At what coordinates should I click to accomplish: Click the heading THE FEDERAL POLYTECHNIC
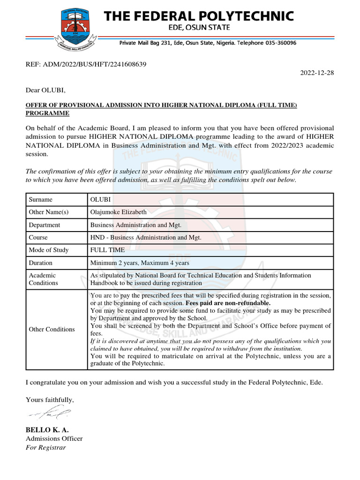pyautogui.click(x=199, y=16)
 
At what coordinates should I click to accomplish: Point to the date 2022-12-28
pyautogui.click(x=317, y=73)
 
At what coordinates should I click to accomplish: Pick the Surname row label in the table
pyautogui.click(x=41, y=200)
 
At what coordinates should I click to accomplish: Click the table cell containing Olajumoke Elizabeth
pyautogui.click(x=118, y=212)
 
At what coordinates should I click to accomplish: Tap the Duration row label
pyautogui.click(x=41, y=263)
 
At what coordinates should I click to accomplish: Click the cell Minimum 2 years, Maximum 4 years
pyautogui.click(x=140, y=263)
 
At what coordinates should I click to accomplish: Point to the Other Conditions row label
pyautogui.click(x=52, y=330)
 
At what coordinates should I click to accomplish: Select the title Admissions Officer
pyautogui.click(x=54, y=439)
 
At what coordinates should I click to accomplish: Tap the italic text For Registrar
pyautogui.click(x=46, y=448)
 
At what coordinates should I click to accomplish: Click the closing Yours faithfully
pyautogui.click(x=50, y=400)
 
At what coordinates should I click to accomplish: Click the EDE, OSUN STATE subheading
pyautogui.click(x=199, y=28)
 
